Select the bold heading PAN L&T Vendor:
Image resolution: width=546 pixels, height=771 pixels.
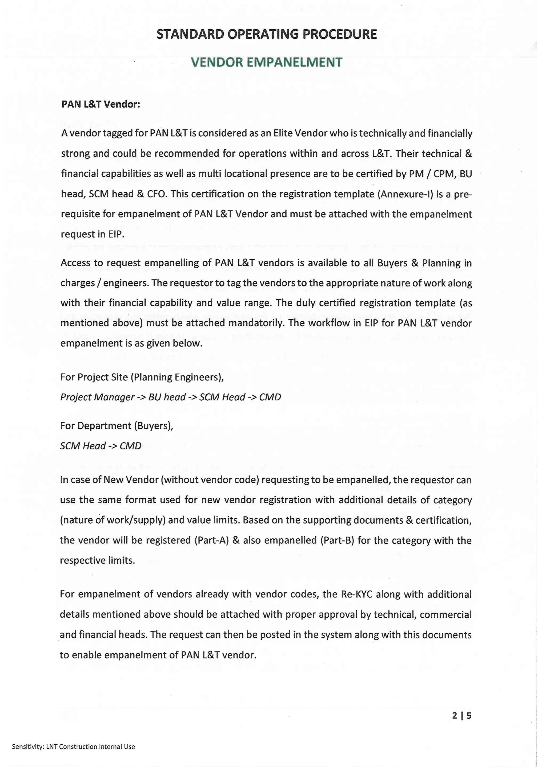pyautogui.click(x=101, y=104)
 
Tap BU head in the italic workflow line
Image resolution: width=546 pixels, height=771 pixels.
pyautogui.click(x=167, y=397)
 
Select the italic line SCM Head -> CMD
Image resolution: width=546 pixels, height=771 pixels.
pyautogui.click(x=101, y=446)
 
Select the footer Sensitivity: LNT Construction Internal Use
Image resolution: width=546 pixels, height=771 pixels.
pyautogui.click(x=73, y=747)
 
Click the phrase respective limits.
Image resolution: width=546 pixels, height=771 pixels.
pyautogui.click(x=97, y=560)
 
